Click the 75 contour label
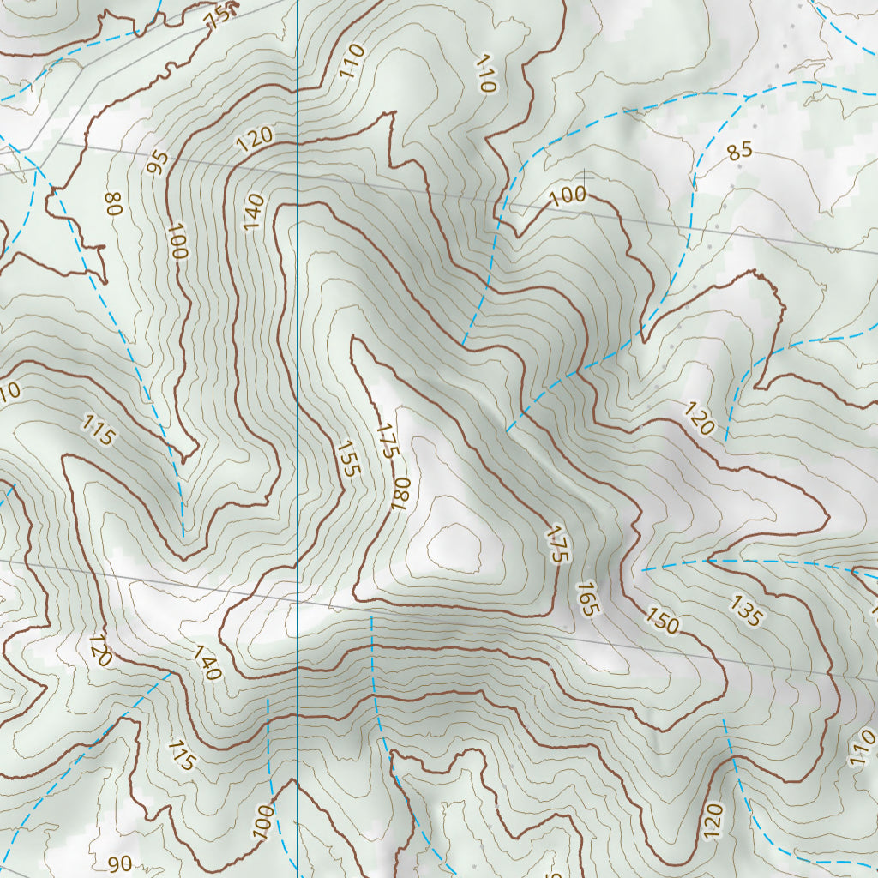[220, 14]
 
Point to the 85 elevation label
[739, 152]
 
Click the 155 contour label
[348, 459]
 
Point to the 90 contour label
[121, 863]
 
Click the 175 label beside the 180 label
[387, 440]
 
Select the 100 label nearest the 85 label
[568, 195]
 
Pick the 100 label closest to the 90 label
[263, 821]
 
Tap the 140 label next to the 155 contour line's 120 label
[254, 212]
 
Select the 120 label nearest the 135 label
[700, 418]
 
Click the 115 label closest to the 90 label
[182, 755]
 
